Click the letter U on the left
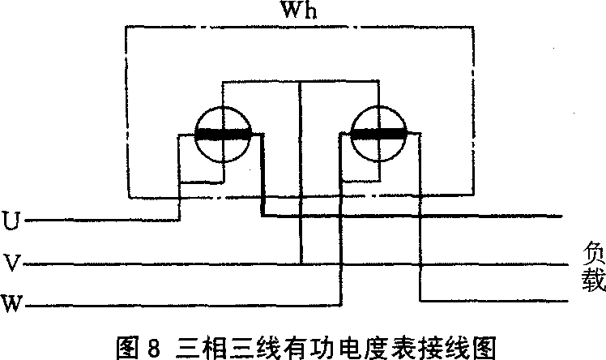[11, 219]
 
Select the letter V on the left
[11, 263]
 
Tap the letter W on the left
[11, 305]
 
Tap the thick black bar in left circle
[224, 134]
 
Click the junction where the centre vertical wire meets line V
[301, 264]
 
